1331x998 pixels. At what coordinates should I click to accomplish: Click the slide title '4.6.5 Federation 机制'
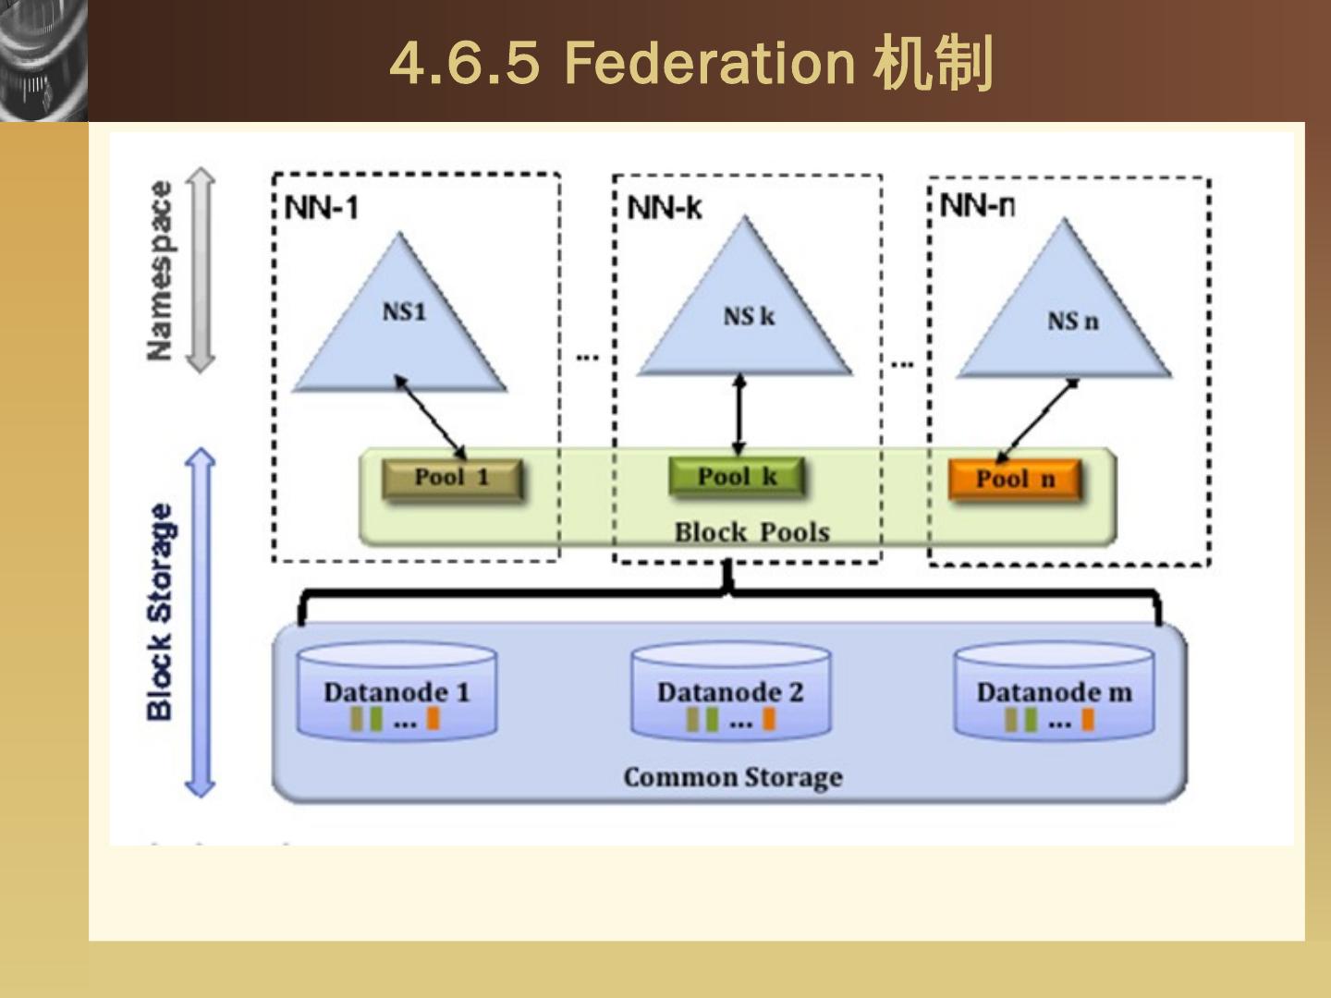click(691, 63)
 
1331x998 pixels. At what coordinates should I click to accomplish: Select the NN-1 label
click(322, 208)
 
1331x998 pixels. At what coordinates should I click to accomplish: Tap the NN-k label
click(665, 208)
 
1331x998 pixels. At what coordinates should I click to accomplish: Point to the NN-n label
click(977, 205)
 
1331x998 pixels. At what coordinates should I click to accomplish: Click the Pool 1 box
click(452, 478)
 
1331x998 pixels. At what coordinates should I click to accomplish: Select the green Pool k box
click(738, 478)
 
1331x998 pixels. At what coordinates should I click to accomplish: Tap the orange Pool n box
click(1015, 480)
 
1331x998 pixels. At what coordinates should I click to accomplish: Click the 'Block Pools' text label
click(752, 532)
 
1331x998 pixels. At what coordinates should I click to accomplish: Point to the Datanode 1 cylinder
click(397, 691)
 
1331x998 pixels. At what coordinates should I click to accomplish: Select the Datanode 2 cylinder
click(731, 691)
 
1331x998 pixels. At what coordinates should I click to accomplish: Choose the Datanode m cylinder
click(1055, 691)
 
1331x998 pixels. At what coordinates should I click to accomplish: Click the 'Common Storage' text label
click(733, 777)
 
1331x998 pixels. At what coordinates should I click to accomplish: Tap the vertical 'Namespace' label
click(160, 270)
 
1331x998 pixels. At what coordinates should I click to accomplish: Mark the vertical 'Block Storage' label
click(160, 612)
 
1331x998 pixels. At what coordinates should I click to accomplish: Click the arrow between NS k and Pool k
click(739, 415)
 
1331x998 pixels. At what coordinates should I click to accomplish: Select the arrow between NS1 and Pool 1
click(431, 417)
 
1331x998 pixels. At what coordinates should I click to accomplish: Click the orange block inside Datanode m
click(1088, 721)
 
